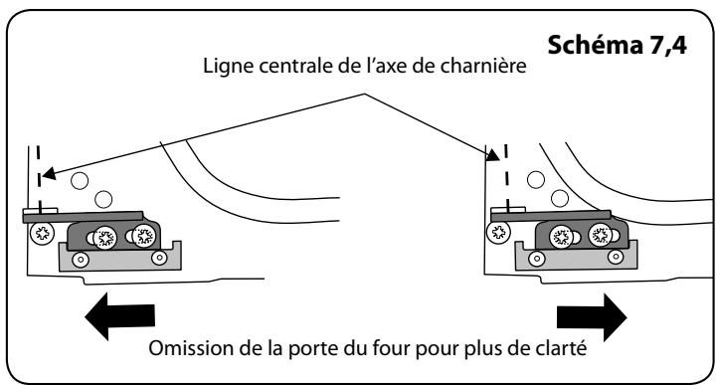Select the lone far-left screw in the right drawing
click(x=497, y=234)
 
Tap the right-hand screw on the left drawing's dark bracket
click(x=145, y=237)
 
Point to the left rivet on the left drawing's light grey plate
click(x=81, y=259)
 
